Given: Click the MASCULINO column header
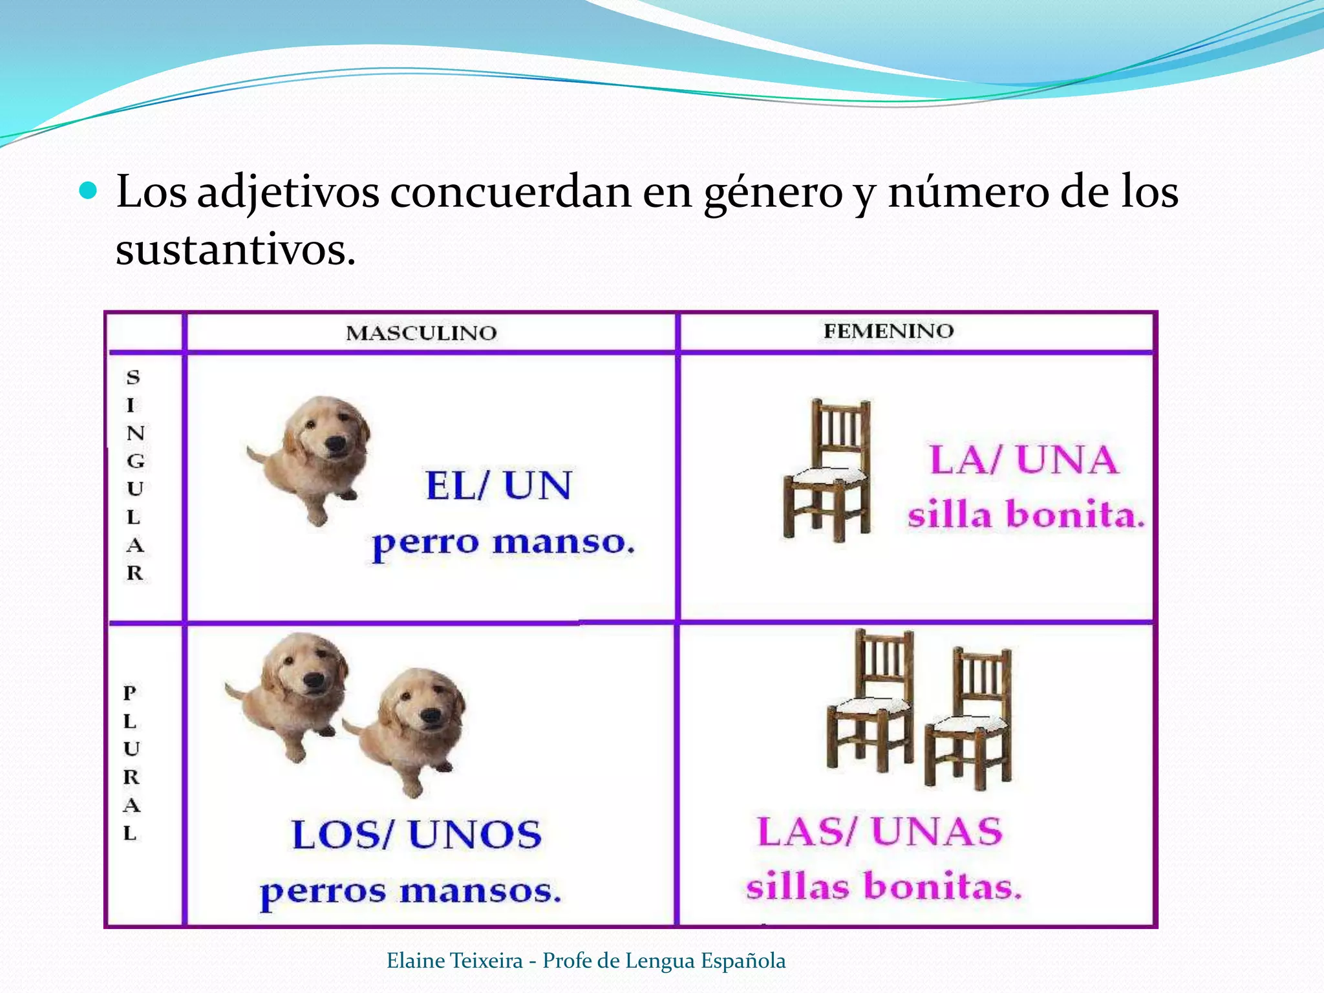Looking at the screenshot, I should pyautogui.click(x=422, y=333).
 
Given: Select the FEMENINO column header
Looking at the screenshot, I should pyautogui.click(x=888, y=331).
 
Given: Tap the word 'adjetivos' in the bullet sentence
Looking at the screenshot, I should pyautogui.click(x=288, y=192).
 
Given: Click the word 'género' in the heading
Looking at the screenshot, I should pyautogui.click(x=773, y=193).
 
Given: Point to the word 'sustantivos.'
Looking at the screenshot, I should pyautogui.click(x=235, y=250).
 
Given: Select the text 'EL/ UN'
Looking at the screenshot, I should pyautogui.click(x=498, y=486).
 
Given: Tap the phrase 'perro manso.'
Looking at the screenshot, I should pyautogui.click(x=503, y=542).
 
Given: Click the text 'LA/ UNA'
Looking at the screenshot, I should pyautogui.click(x=1023, y=460).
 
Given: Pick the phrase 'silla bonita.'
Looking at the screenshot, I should pyautogui.click(x=1026, y=515).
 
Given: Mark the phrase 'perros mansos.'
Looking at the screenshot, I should pyautogui.click(x=410, y=892).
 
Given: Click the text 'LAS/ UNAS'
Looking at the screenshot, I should pyautogui.click(x=880, y=831).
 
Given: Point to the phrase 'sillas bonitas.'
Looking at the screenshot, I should pyautogui.click(x=884, y=886).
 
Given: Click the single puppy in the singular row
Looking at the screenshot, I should pyautogui.click(x=312, y=455).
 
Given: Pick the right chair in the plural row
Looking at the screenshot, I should pyautogui.click(x=970, y=718).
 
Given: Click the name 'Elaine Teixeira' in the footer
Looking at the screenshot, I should pyautogui.click(x=454, y=961).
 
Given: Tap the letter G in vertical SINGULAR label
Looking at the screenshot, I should pyautogui.click(x=135, y=461).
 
